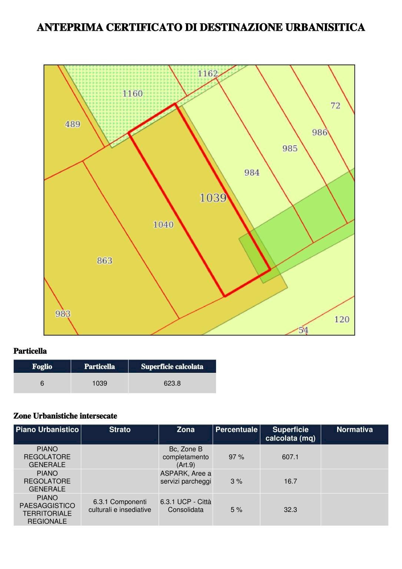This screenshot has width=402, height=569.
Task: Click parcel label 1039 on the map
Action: (x=213, y=198)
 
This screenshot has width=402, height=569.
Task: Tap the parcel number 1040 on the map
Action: (x=163, y=225)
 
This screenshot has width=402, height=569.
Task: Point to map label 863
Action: (x=104, y=261)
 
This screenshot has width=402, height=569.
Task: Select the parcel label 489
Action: (x=73, y=124)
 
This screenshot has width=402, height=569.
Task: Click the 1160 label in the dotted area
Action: (x=133, y=93)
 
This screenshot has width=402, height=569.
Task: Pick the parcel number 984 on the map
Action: (x=252, y=172)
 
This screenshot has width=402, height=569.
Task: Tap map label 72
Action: (x=335, y=106)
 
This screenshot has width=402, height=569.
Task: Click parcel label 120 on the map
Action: (x=342, y=319)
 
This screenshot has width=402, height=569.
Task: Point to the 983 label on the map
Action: (x=63, y=314)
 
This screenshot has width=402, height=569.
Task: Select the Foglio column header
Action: (x=42, y=367)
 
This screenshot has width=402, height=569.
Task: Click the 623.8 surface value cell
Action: (x=172, y=383)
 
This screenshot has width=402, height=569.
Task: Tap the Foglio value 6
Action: (x=42, y=383)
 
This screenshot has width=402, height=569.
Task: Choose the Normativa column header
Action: (x=355, y=430)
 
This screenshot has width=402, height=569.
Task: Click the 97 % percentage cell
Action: (x=236, y=457)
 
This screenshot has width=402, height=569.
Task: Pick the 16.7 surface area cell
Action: (x=290, y=481)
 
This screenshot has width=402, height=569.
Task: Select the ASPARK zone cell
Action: (x=186, y=477)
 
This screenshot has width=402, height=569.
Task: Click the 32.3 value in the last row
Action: (x=290, y=510)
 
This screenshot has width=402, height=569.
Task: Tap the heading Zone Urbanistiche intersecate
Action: (x=65, y=416)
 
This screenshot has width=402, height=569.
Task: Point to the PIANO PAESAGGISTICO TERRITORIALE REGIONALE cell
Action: (x=47, y=509)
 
